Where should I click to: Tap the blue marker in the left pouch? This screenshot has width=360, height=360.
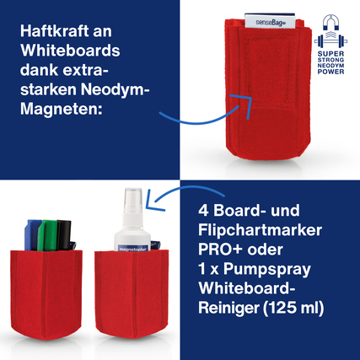pos(35,232)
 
